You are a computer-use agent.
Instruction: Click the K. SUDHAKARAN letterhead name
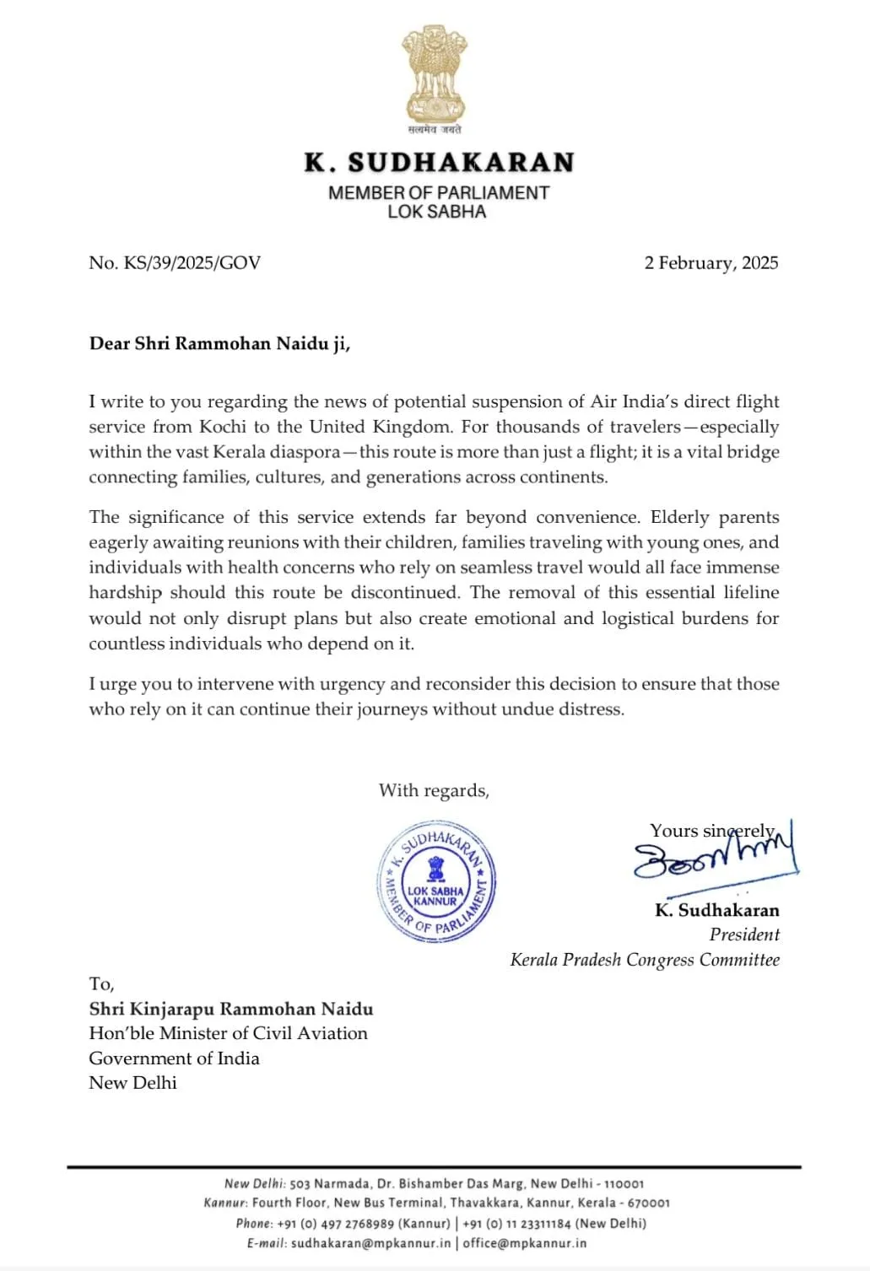point(439,162)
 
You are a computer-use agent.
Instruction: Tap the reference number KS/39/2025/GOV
point(192,262)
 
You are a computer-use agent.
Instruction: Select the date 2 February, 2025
point(711,262)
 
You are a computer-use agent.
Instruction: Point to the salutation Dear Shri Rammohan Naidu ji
point(219,343)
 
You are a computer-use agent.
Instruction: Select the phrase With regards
point(434,790)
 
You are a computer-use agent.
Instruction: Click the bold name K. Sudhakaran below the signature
point(716,910)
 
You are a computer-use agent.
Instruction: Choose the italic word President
point(743,934)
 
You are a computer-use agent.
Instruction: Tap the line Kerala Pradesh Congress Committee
point(645,960)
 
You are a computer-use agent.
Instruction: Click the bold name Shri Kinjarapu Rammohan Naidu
point(231,1009)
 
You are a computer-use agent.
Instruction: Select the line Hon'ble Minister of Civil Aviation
point(228,1033)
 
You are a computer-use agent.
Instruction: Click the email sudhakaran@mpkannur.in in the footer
point(370,1243)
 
